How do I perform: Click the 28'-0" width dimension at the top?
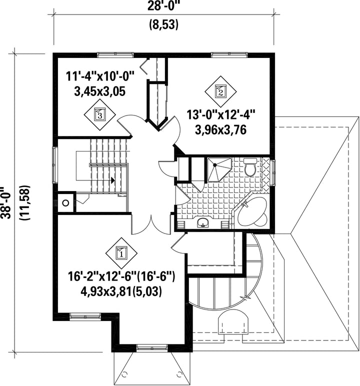(163, 6)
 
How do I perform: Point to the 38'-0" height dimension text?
(5, 202)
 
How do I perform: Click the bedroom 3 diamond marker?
(100, 114)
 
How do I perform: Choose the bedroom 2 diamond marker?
(220, 91)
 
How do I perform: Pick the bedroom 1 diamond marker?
(121, 253)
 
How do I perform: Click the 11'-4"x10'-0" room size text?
(100, 76)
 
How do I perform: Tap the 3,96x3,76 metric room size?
(221, 130)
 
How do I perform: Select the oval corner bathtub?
(251, 211)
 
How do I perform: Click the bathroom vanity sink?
(203, 223)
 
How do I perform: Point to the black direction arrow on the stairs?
(113, 180)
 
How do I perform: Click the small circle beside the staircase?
(65, 203)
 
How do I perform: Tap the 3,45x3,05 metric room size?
(100, 91)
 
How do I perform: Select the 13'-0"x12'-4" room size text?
(221, 115)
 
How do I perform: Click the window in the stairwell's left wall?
(54, 165)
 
